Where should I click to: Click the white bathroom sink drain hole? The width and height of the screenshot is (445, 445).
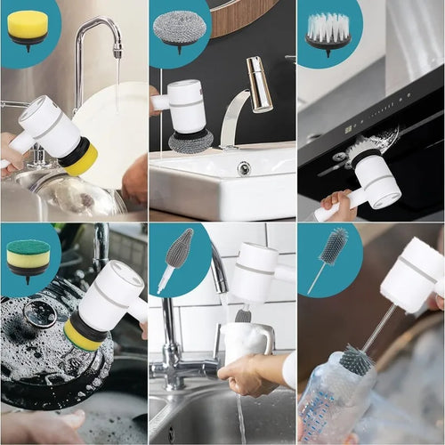(x=244, y=167)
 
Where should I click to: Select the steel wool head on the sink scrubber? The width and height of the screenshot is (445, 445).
(x=191, y=141)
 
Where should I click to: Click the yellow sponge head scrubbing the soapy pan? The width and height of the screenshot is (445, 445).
(x=80, y=336)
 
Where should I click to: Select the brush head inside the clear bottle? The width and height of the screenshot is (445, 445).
(x=356, y=360)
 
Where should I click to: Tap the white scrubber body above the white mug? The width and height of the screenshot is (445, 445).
(x=255, y=271)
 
